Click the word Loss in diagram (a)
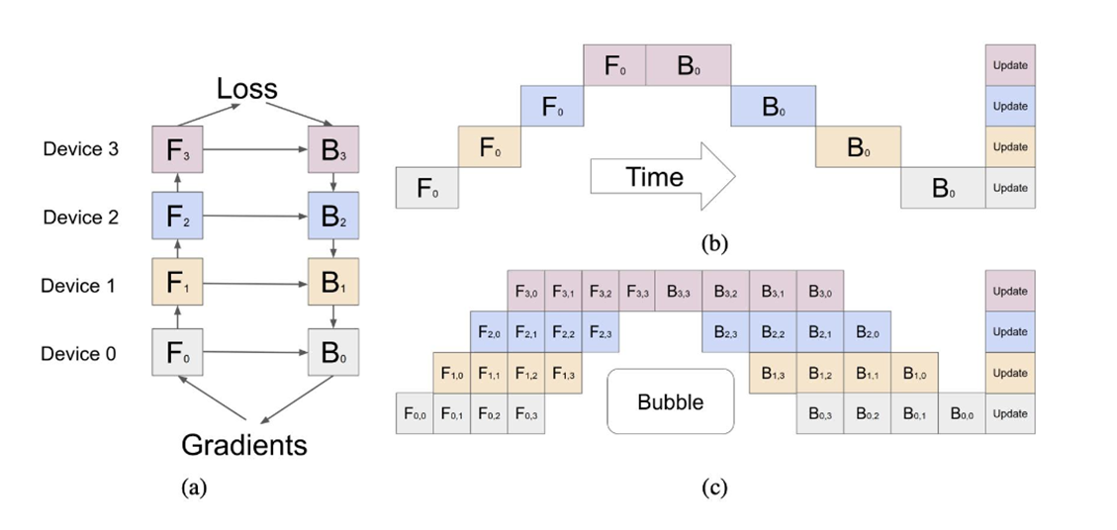(246, 88)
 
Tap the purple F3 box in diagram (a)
(177, 149)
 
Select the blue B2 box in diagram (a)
(332, 216)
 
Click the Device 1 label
(79, 286)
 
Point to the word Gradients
(244, 445)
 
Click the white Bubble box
(670, 401)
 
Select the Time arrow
(663, 176)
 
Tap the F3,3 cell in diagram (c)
(637, 291)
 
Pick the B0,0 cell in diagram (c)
(962, 414)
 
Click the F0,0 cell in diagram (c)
(415, 414)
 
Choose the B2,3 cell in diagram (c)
(725, 332)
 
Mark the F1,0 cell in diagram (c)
(451, 373)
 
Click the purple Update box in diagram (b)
(1010, 65)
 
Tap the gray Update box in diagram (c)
(1010, 414)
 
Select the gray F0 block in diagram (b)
(426, 188)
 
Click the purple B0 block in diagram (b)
(689, 65)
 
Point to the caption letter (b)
(714, 244)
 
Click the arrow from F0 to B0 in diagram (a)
(255, 352)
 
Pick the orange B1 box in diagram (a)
(332, 282)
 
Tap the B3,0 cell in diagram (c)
(820, 291)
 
